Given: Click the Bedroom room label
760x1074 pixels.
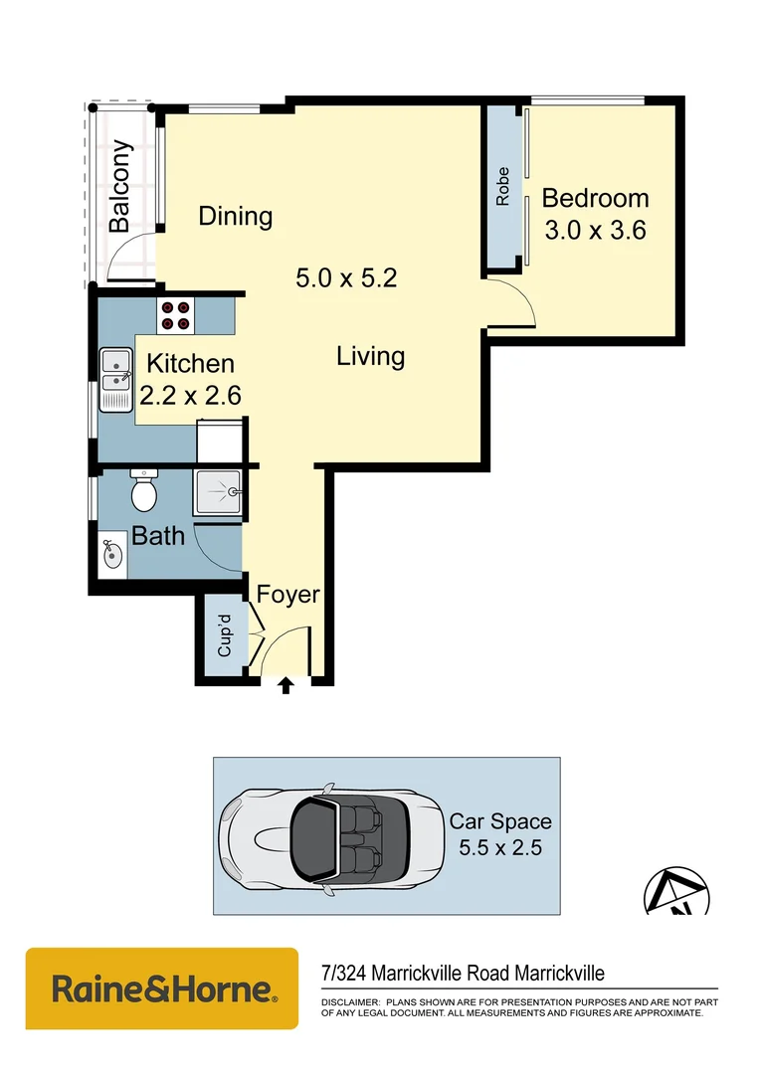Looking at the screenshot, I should [x=595, y=199].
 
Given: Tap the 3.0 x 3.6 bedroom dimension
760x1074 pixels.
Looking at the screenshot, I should [x=595, y=231].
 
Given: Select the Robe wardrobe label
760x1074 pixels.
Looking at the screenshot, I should [x=503, y=186].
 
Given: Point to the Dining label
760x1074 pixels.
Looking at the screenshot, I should [x=236, y=216].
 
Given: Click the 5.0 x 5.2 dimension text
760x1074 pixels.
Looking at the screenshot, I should [x=346, y=278].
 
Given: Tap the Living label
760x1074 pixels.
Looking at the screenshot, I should [x=370, y=356].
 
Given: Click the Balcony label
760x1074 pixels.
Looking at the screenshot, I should [x=120, y=187].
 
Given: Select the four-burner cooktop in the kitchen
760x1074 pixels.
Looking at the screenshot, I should [x=176, y=315].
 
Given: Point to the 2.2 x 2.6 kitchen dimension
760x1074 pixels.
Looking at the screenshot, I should [x=190, y=395].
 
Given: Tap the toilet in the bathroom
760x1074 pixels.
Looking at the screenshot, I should [x=145, y=490].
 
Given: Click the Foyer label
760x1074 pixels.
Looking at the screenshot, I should [x=288, y=595].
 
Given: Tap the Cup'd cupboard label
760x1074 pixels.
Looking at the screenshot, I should [x=225, y=635].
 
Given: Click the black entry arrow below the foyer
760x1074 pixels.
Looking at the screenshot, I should [x=286, y=685].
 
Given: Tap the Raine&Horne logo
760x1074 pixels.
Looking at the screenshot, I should [x=162, y=988].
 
